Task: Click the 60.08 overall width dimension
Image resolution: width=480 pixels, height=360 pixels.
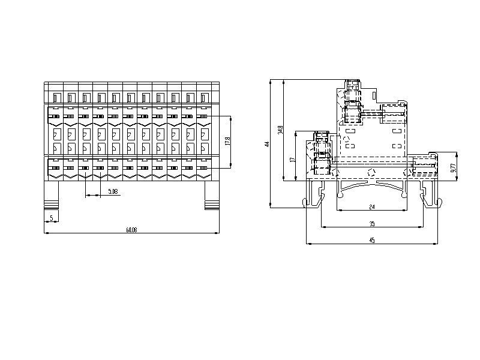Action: click(131, 229)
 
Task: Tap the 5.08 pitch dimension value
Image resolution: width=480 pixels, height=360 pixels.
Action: click(113, 191)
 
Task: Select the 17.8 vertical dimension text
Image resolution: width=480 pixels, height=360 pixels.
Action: click(227, 141)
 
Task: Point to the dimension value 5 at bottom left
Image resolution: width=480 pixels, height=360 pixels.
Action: click(52, 217)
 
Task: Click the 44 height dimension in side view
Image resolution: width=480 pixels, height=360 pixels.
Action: click(268, 144)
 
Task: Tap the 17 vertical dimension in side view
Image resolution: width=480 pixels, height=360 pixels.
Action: click(292, 159)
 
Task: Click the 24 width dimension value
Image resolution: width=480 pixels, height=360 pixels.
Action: click(372, 207)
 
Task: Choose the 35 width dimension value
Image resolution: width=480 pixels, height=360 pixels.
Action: click(372, 223)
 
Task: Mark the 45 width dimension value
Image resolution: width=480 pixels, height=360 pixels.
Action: click(372, 240)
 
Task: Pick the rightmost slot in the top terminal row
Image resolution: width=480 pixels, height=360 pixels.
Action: click(203, 97)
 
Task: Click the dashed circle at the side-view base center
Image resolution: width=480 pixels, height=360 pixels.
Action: click(371, 173)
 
